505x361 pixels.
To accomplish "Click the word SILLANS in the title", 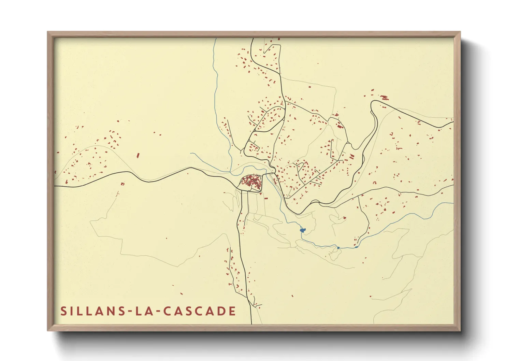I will tap(91, 311).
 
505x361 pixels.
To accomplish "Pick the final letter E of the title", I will tap(232, 311).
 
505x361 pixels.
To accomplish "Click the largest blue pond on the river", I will tap(302, 230).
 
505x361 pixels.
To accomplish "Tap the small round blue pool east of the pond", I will tap(338, 247).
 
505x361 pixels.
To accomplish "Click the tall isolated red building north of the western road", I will tap(138, 156).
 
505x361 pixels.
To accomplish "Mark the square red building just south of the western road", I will tap(123, 184).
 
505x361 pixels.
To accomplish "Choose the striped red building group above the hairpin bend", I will tap(384, 98).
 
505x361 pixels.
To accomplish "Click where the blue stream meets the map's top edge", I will tap(216, 39).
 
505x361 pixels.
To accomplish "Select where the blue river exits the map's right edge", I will tap(453, 203).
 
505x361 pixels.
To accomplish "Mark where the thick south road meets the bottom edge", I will tap(251, 323).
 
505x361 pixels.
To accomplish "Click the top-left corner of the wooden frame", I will tap(48, 32).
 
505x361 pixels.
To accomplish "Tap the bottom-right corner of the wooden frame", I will tap(460, 330).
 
